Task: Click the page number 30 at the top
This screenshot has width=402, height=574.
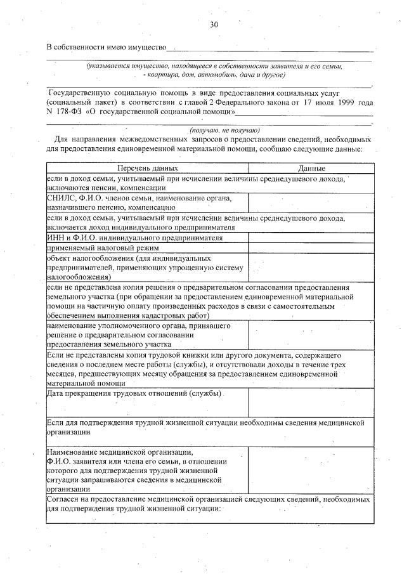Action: coord(214,25)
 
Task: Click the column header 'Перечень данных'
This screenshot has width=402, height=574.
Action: coord(147,168)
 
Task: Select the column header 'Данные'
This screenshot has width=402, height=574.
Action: coord(311,168)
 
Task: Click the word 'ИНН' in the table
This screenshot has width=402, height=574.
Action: coord(55,237)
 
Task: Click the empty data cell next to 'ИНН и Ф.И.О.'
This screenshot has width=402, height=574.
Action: coord(311,237)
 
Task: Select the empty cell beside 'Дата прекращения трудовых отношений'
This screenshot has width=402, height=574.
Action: coord(311,403)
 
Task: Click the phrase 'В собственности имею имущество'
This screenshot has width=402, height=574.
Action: coord(106,48)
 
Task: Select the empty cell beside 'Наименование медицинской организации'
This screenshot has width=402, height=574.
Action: coord(311,470)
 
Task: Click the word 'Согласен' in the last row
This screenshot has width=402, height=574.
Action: coord(63,500)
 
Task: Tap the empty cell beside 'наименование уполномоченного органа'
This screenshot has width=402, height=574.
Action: coord(311,336)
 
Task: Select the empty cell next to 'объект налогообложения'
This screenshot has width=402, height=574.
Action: coord(311,268)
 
